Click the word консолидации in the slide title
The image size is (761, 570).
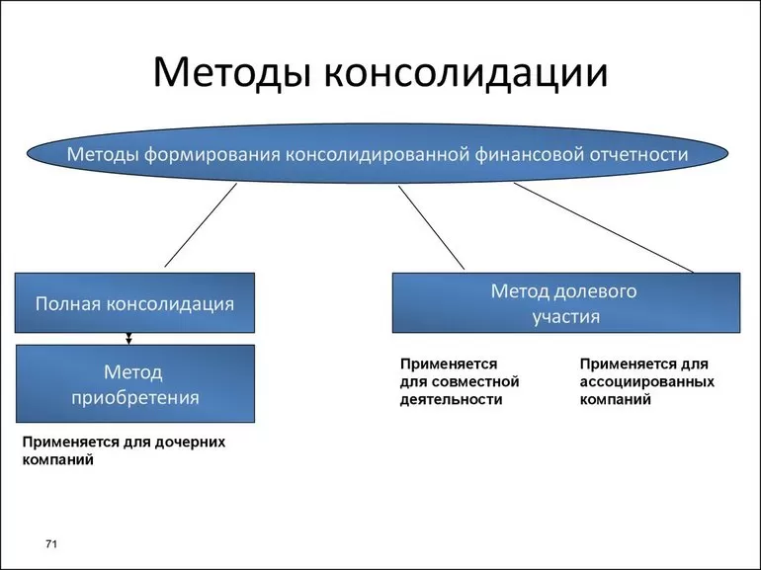pos(464,74)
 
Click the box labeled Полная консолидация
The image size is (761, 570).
pos(135,303)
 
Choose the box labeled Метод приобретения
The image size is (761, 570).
pos(135,384)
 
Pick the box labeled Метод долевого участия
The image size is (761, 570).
pos(565,303)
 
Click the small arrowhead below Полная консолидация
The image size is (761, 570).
pos(128,339)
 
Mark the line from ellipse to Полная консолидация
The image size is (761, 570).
pos(201,226)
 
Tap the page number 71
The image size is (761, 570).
pos(52,545)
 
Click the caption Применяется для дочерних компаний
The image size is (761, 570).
pos(124,450)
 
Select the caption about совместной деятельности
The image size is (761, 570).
pos(460,381)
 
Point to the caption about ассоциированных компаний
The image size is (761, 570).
pos(647,381)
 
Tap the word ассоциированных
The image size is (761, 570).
pos(647,381)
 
